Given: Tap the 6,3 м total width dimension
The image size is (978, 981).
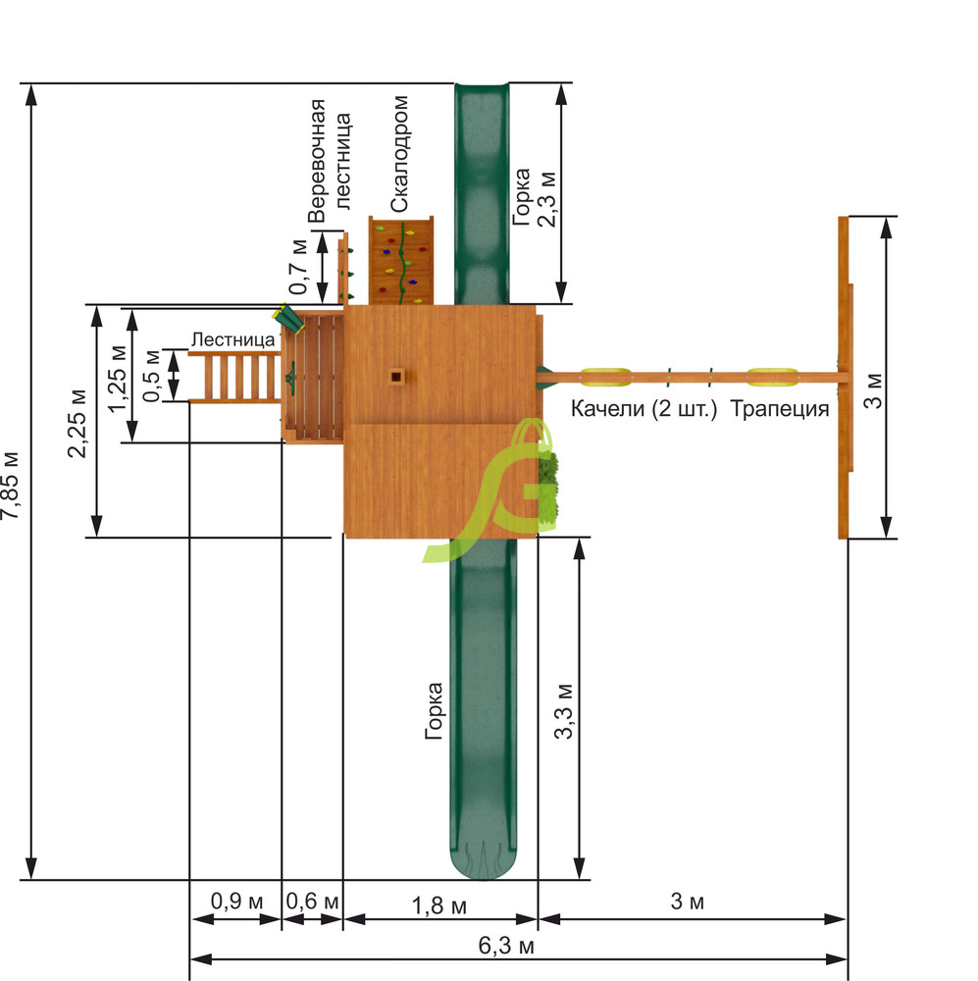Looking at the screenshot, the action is point(505,946).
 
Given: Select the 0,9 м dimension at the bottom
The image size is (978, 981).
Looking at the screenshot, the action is point(236,901).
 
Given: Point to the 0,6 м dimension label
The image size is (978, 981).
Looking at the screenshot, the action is point(312,901).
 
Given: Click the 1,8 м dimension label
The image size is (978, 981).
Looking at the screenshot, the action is point(438,905).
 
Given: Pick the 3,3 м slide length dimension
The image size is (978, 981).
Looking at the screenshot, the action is point(564,710).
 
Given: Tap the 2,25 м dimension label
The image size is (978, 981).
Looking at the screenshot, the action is point(77,424).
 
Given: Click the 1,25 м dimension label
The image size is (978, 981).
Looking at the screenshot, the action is point(117,379).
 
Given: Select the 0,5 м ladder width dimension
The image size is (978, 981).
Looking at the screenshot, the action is point(151,376).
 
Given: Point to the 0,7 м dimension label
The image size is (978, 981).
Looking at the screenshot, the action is point(298,267).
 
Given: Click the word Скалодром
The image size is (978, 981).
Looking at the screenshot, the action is point(398,154).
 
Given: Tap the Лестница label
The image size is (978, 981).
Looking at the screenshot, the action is point(232,339).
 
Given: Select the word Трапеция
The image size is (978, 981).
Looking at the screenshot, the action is point(780,408).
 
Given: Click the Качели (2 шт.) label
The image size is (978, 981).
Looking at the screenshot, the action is point(643,408).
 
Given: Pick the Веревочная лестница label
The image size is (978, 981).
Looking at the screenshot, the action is point(330,161).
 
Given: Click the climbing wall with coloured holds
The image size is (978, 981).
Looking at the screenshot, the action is point(401,261).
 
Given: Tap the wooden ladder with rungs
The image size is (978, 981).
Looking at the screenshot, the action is point(234,377).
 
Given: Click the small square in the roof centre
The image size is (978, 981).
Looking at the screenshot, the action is point(396,376).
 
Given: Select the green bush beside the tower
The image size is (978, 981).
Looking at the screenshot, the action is point(548,486).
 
